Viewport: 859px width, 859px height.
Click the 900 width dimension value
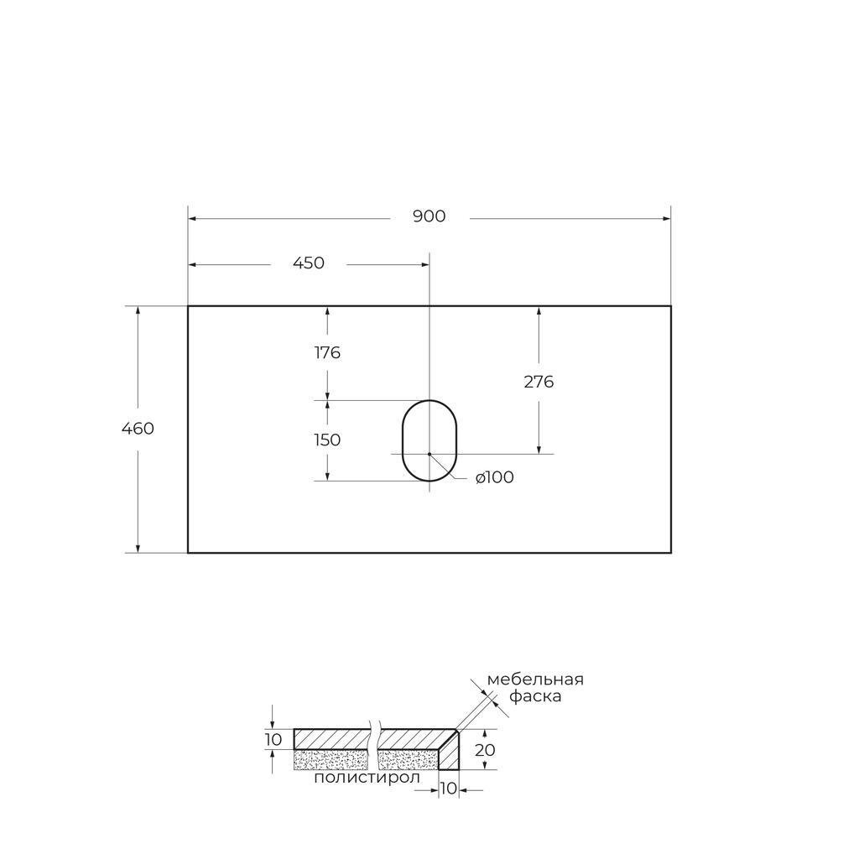tap(429, 216)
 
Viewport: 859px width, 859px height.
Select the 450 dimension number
tap(309, 263)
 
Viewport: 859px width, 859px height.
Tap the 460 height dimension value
tap(138, 429)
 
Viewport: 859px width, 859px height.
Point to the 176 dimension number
tap(327, 353)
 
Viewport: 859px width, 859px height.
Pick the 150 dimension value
tap(327, 440)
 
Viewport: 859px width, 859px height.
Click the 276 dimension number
tap(539, 382)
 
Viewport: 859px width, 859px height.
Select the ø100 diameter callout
tap(495, 477)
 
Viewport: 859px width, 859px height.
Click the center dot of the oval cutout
tap(429, 454)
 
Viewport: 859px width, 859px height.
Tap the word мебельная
tap(535, 679)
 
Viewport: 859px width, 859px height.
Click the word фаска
tap(535, 697)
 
